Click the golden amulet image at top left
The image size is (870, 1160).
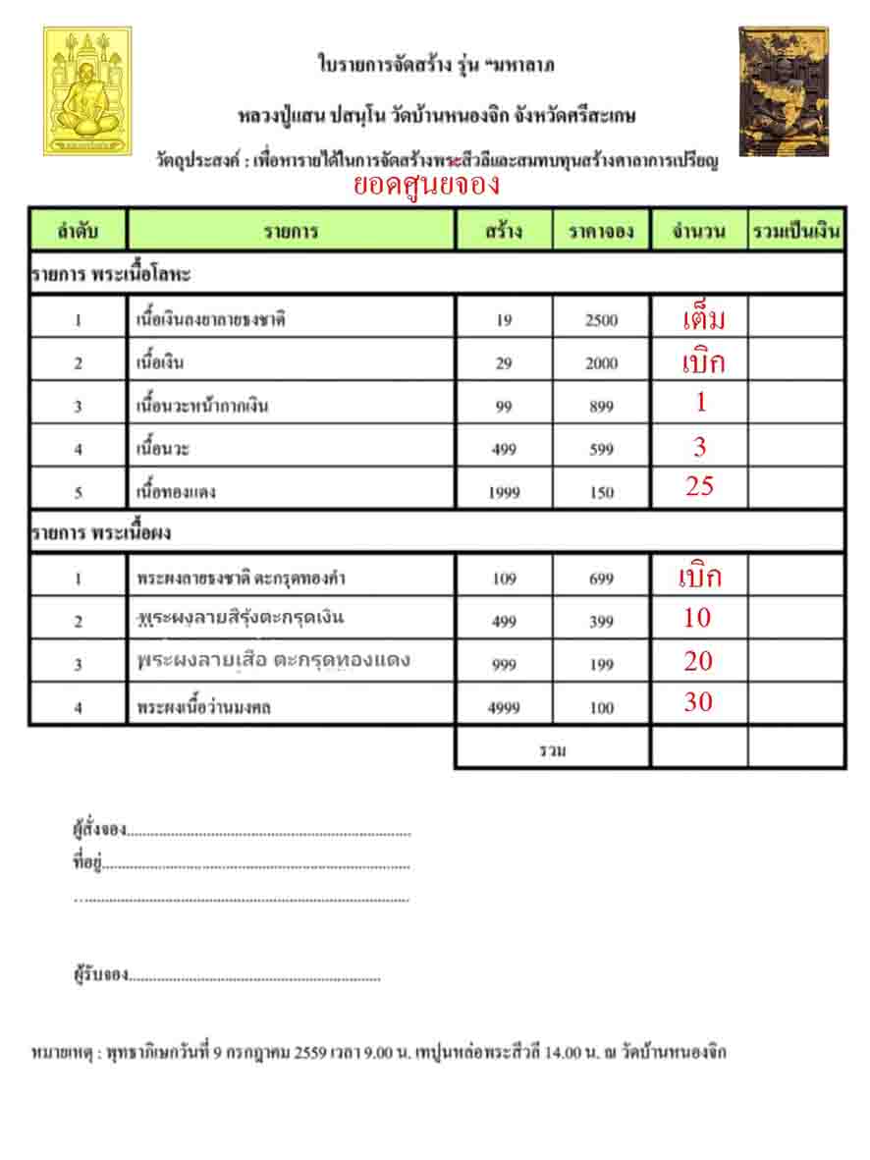pyautogui.click(x=86, y=90)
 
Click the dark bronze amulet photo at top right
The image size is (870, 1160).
pyautogui.click(x=783, y=90)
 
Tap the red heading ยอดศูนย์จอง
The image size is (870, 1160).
pyautogui.click(x=426, y=185)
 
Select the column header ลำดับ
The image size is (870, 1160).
pyautogui.click(x=78, y=233)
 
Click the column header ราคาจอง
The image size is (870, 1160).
pyautogui.click(x=601, y=233)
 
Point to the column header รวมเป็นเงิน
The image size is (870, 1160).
pyautogui.click(x=796, y=233)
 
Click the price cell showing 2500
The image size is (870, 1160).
pyautogui.click(x=601, y=320)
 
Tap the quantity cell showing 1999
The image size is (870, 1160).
pyautogui.click(x=504, y=493)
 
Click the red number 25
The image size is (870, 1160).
pyautogui.click(x=699, y=485)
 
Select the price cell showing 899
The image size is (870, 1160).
pyautogui.click(x=601, y=407)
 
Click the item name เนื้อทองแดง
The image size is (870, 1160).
pyautogui.click(x=177, y=493)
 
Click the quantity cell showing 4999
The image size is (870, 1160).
pyautogui.click(x=504, y=708)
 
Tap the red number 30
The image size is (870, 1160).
pyautogui.click(x=698, y=701)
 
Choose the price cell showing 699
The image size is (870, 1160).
pyautogui.click(x=601, y=580)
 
